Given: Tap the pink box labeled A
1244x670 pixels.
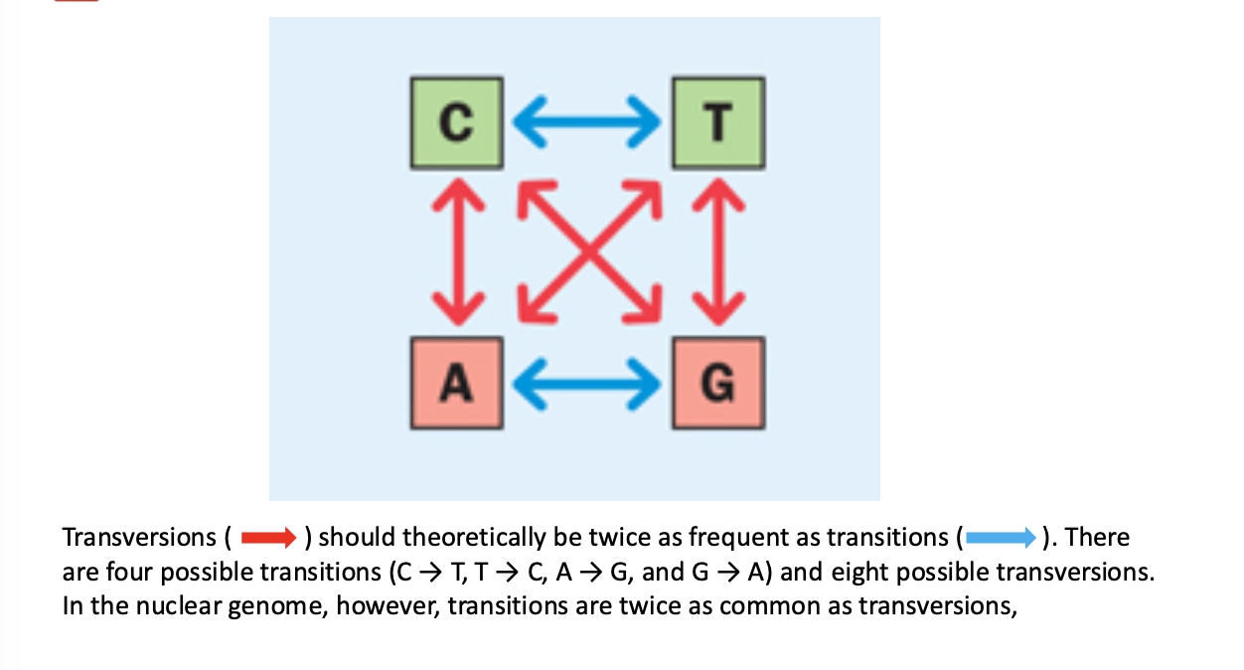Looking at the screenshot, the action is coord(456,384).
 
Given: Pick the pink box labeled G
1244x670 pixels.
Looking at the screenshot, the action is coord(718,384).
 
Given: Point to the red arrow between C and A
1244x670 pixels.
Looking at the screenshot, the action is coord(456,252).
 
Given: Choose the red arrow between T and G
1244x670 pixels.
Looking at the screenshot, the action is coord(718,252).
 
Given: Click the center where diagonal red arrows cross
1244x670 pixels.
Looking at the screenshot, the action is coord(587,252).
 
